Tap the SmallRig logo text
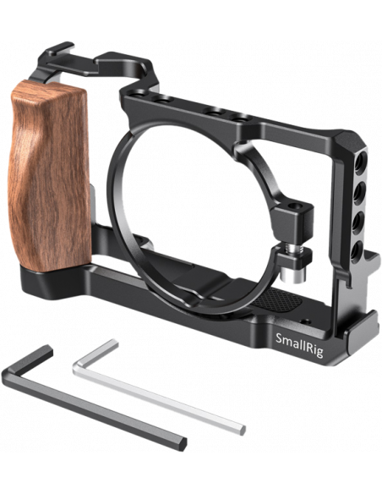(x=299, y=344)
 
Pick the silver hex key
(x=159, y=387)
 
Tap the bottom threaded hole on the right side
(x=356, y=253)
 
